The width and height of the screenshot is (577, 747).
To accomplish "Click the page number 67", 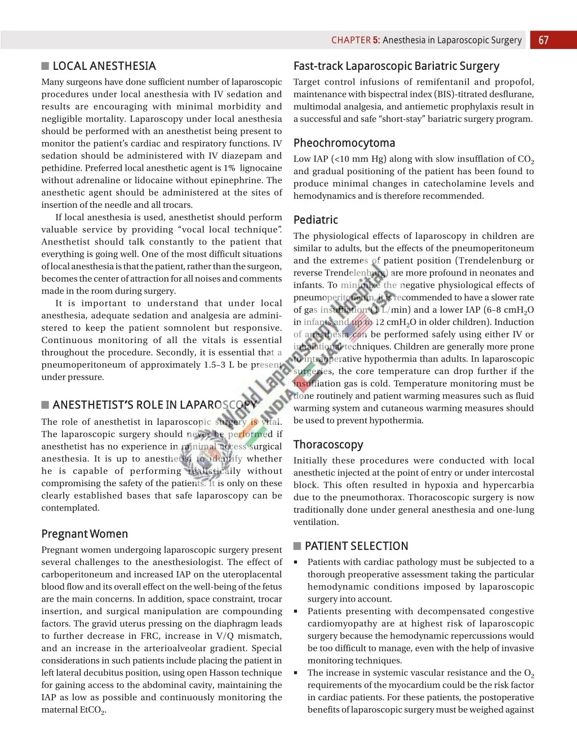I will [x=543, y=40].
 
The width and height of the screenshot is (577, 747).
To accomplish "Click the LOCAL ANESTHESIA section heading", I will [x=104, y=66].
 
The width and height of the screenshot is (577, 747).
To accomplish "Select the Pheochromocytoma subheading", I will [x=344, y=143].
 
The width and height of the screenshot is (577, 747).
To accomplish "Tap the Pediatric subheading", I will [x=316, y=220].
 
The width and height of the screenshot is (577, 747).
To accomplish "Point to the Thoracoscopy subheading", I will [x=328, y=444].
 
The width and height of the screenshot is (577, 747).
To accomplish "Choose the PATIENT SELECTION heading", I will [x=356, y=546].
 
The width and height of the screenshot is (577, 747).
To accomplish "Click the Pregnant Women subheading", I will [x=85, y=534].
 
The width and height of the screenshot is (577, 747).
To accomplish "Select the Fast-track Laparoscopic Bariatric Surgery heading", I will [x=396, y=66].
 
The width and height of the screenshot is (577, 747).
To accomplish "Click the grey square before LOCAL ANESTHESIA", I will [x=45, y=66].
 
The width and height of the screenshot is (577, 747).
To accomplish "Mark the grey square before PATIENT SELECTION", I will [x=298, y=546].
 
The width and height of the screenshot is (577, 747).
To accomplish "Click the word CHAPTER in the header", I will [x=350, y=40].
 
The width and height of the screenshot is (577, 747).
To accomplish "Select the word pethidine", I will [x=60, y=168].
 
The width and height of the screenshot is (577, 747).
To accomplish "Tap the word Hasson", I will [x=224, y=673].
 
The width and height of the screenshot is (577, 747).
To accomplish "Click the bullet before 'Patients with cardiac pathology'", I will [x=295, y=562].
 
